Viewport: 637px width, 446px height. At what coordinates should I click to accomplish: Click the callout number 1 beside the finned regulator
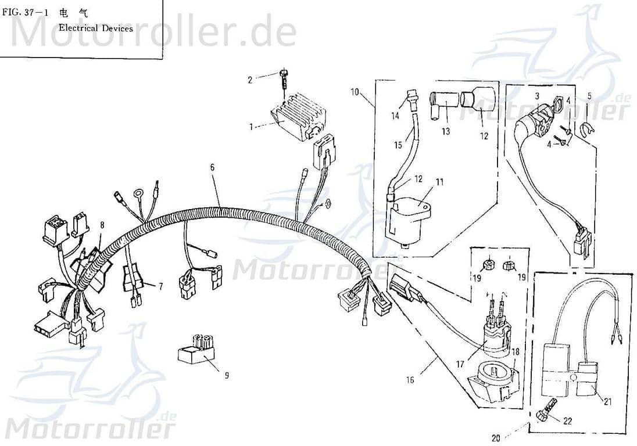(x=251, y=127)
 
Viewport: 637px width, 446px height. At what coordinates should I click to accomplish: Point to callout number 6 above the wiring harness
(x=212, y=167)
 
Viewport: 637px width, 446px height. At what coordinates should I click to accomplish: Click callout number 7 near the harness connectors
(x=161, y=286)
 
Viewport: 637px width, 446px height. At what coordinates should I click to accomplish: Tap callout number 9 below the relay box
(x=227, y=376)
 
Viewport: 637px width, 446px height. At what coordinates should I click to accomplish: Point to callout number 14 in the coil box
(x=395, y=116)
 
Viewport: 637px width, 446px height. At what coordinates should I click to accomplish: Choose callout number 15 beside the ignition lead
(x=398, y=145)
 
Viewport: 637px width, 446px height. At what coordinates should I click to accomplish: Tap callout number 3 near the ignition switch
(x=536, y=96)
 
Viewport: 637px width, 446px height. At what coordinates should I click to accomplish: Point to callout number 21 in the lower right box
(x=608, y=402)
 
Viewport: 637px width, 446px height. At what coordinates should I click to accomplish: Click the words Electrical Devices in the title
(x=96, y=28)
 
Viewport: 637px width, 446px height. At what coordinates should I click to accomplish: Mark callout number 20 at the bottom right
(x=496, y=438)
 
